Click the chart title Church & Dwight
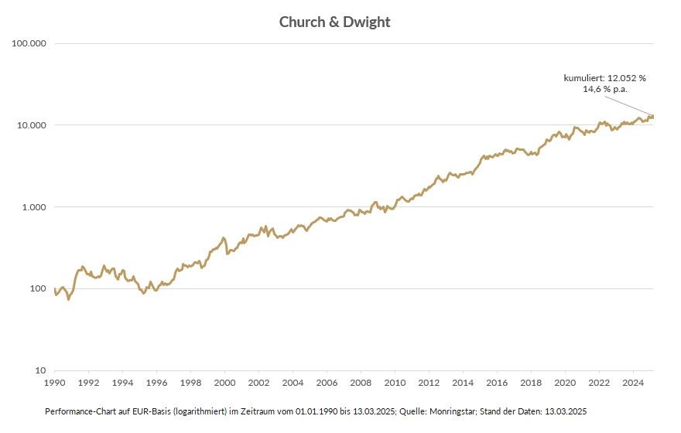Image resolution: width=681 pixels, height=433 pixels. pyautogui.click(x=334, y=22)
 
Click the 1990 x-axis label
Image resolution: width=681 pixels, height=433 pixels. pyautogui.click(x=54, y=383)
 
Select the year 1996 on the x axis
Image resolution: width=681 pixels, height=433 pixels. pyautogui.click(x=156, y=383)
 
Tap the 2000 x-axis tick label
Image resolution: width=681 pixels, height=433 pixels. pyautogui.click(x=224, y=383)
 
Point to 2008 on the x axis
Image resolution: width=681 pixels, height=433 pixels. pyautogui.click(x=361, y=383)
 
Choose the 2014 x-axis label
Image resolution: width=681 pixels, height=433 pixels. pyautogui.click(x=463, y=383)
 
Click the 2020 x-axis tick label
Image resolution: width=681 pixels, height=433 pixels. pyautogui.click(x=565, y=383)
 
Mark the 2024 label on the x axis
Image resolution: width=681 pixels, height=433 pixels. pyautogui.click(x=633, y=383)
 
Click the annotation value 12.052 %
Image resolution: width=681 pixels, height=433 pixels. pyautogui.click(x=625, y=78)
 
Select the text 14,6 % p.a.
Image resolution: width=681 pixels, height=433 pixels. pyautogui.click(x=604, y=89)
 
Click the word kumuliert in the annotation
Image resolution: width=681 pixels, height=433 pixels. pyautogui.click(x=583, y=78)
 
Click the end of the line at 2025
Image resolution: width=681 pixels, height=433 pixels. pyautogui.click(x=653, y=117)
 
